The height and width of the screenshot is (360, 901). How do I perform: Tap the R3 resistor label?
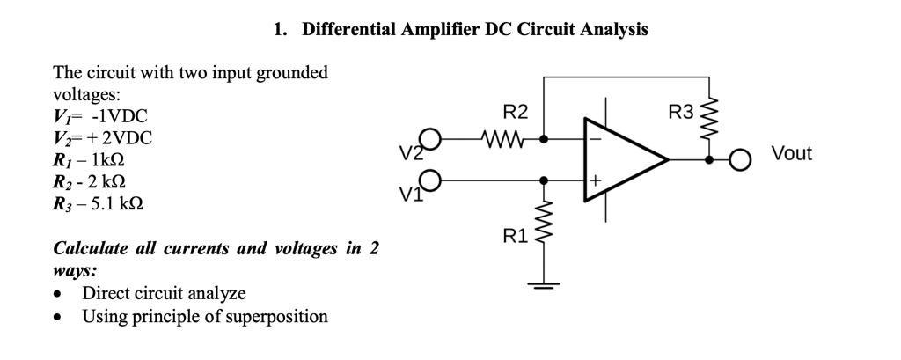[680, 113]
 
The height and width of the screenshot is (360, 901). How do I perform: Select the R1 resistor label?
[514, 235]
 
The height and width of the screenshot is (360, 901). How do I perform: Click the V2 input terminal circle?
[429, 139]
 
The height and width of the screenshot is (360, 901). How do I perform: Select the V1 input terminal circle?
[429, 180]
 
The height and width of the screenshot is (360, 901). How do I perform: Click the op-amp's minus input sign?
[595, 139]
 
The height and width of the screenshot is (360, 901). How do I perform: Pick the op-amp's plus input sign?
[595, 180]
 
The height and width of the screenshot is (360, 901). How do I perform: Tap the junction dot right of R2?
[545, 138]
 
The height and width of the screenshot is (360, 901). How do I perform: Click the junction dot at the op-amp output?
[709, 160]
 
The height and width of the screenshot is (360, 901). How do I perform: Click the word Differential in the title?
[345, 29]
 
